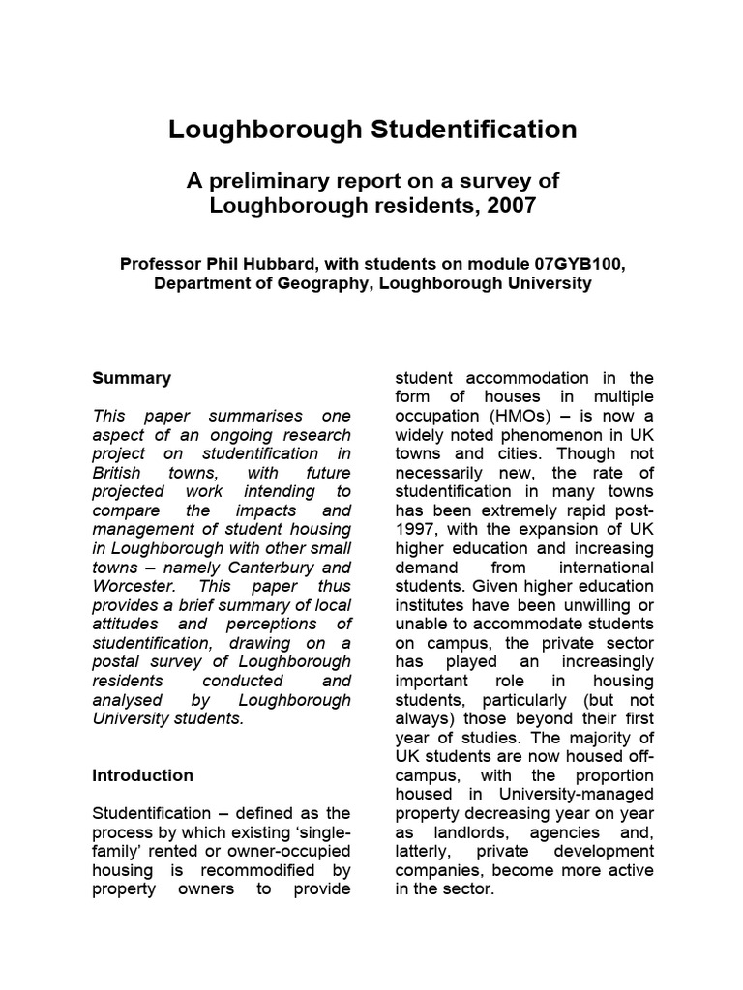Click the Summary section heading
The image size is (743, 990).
132,378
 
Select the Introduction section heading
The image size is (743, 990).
142,775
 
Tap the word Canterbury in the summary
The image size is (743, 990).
275,568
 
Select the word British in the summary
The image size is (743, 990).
116,473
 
